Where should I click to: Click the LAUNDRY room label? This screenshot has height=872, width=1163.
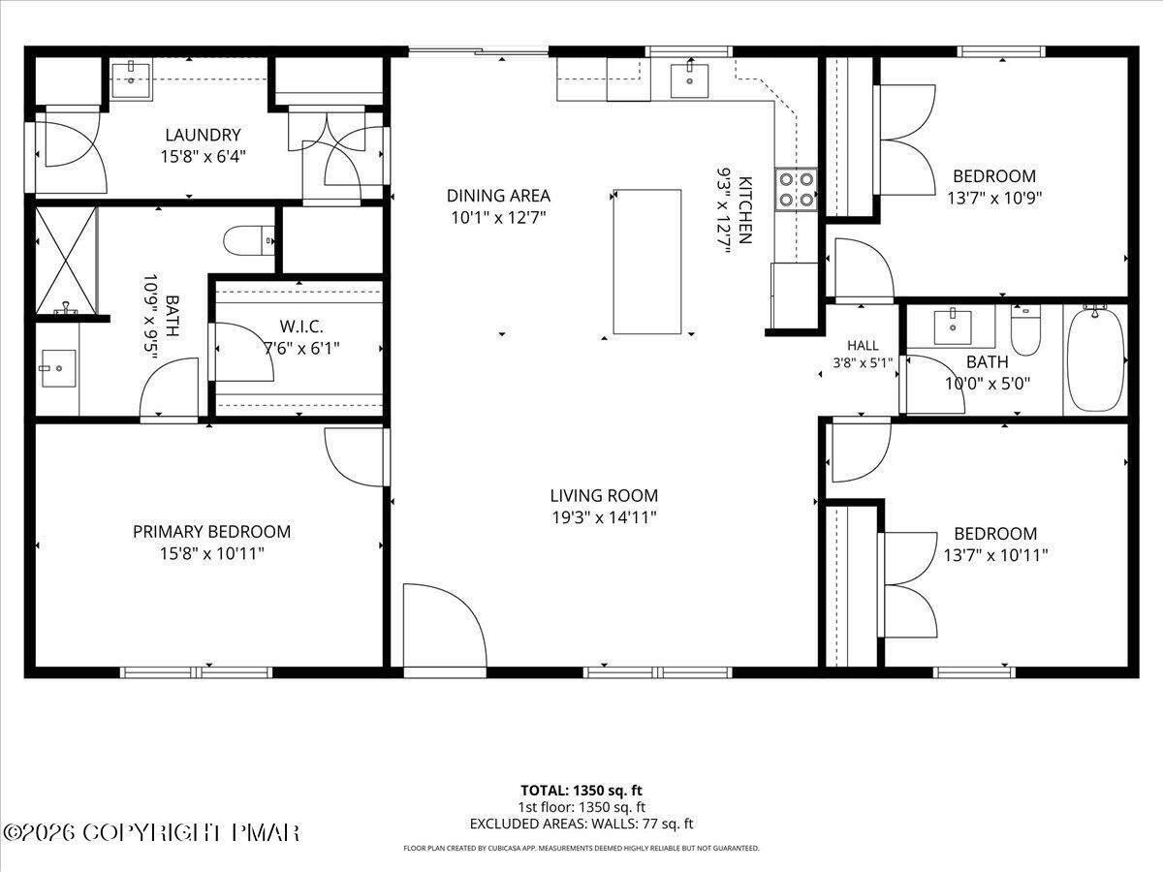click(203, 135)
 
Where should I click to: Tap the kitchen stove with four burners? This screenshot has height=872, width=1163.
click(796, 190)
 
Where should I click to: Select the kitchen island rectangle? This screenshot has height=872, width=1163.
click(647, 262)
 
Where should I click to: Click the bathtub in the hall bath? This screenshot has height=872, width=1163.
click(1094, 359)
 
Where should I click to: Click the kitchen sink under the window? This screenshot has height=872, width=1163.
click(689, 81)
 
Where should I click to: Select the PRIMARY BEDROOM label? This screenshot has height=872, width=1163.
click(211, 532)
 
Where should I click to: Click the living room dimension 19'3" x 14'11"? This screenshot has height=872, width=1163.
click(604, 517)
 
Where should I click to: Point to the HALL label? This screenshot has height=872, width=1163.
click(863, 346)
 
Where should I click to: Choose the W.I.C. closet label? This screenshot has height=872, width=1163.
click(301, 327)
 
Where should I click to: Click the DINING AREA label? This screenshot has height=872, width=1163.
click(498, 196)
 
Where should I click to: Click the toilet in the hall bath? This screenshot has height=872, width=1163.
click(1025, 331)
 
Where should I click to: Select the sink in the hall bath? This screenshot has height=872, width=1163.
click(953, 327)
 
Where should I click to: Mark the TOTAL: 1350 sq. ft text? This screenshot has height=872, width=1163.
click(581, 791)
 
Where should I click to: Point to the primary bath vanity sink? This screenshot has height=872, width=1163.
click(58, 368)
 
